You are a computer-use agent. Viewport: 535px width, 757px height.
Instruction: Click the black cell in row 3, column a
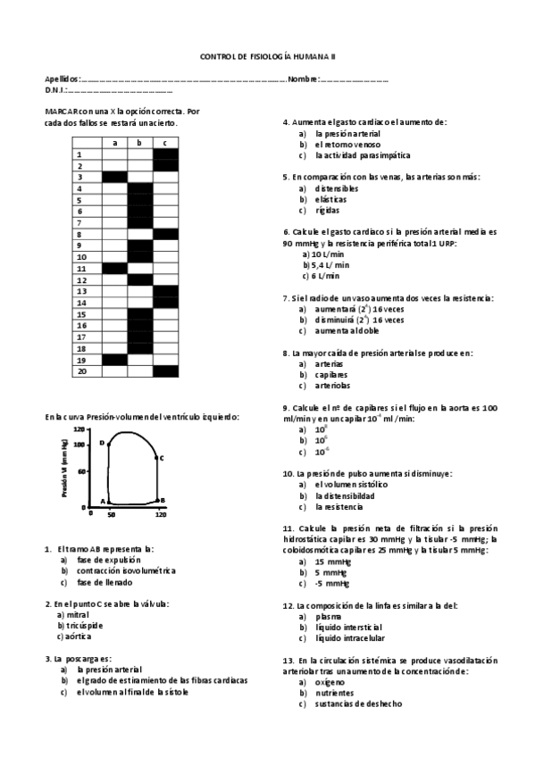[114, 177]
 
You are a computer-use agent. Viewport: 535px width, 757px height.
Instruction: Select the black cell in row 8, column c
[166, 234]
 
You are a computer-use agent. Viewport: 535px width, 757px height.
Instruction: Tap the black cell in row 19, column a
[114, 360]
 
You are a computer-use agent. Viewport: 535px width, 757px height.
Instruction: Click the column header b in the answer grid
[140, 142]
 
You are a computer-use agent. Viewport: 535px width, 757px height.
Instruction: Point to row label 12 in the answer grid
[81, 279]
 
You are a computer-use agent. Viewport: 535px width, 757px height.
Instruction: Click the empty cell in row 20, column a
[114, 371]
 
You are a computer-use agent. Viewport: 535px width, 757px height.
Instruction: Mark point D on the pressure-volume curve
[102, 443]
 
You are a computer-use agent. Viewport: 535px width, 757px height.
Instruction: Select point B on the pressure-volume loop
[162, 500]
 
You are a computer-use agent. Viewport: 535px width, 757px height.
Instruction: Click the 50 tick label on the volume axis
[111, 515]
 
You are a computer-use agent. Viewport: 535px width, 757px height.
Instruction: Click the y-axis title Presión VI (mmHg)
[64, 469]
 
